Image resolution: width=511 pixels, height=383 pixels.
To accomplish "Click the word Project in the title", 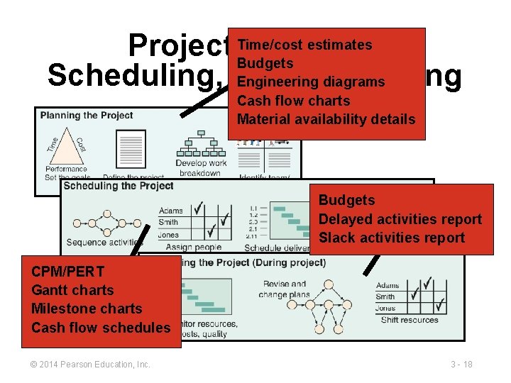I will pos(177,46).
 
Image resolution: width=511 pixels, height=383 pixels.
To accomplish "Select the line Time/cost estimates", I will pos(304,45).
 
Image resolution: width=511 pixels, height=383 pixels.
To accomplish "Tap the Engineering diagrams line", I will pos(310,82).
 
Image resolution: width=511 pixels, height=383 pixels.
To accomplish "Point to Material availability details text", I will pos(326,119).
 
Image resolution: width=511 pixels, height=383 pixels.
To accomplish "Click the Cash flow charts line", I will pos(293,101).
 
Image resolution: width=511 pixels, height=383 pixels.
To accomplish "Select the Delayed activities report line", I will pos(400,219).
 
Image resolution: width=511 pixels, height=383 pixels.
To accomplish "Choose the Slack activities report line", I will pos(391,238).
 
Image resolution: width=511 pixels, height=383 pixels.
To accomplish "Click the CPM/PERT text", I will pos(67,271).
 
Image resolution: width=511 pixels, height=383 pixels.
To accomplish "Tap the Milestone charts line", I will pos(87,309).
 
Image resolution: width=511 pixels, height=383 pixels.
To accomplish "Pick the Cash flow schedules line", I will pos(101,327).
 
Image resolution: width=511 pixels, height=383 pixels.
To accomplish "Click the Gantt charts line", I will pos(72,289).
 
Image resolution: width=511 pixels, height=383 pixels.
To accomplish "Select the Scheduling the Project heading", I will pos(118,186).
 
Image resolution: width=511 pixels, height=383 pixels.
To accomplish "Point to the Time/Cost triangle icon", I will pos(65,145).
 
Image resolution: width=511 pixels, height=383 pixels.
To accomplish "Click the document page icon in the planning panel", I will pos(131,148).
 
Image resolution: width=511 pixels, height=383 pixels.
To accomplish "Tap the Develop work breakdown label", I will pos(201,168).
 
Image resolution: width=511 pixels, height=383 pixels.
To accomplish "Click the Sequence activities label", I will pos(104,243).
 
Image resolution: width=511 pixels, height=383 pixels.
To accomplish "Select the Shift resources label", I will pos(410,320).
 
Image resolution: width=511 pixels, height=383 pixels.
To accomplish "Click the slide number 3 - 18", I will pos(461,365).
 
